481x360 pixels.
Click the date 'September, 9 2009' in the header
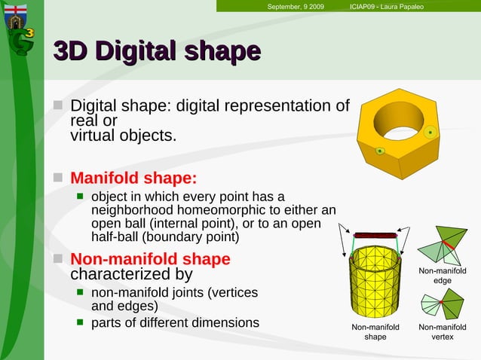(296, 7)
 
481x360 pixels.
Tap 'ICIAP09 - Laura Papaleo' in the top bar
(386, 7)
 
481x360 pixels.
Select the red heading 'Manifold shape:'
(133, 178)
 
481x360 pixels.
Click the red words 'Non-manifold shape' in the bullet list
(150, 259)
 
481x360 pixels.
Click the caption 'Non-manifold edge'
(442, 276)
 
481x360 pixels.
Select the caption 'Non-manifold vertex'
(442, 332)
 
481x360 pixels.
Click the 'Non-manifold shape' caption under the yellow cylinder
(375, 332)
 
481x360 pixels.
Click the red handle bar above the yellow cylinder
(375, 235)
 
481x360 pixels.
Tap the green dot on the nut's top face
(430, 133)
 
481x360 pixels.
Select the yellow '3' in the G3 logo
(29, 33)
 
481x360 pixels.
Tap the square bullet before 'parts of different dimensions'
(79, 323)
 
